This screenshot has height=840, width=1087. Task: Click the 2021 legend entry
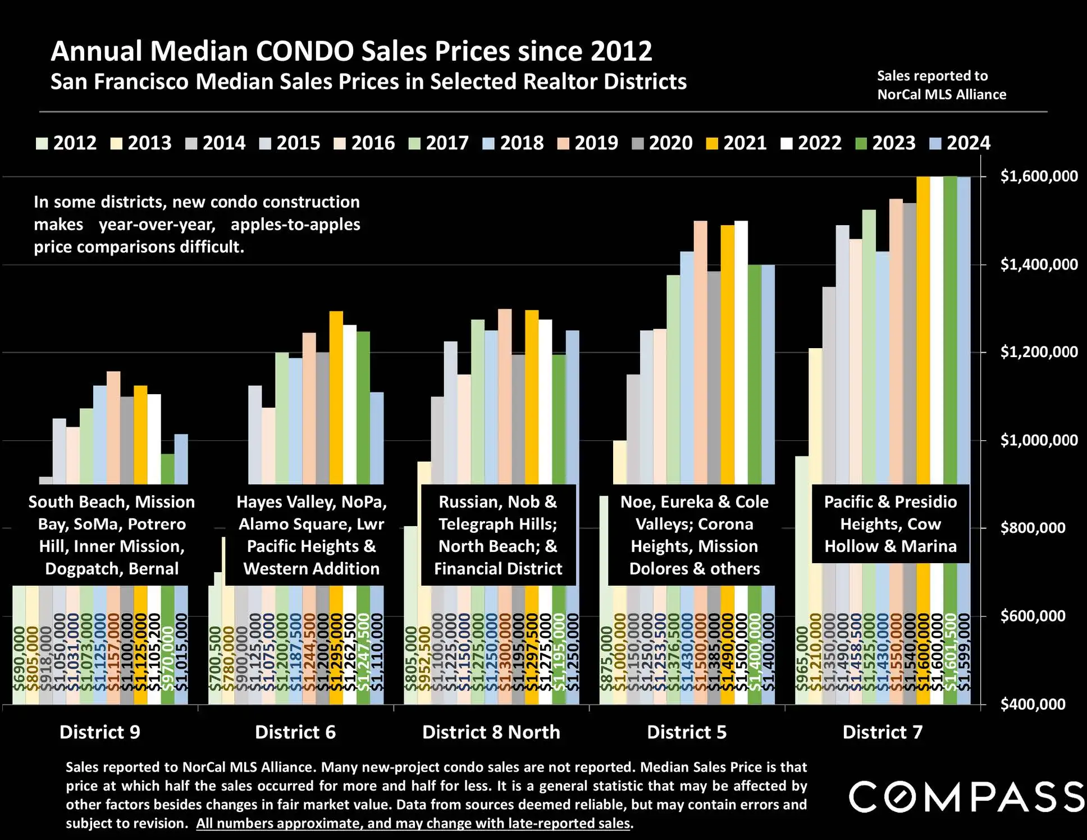(x=736, y=143)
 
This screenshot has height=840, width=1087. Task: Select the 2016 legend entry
(x=364, y=143)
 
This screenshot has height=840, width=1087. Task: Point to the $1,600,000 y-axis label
(x=1039, y=176)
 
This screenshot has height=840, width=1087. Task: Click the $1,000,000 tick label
(x=1039, y=440)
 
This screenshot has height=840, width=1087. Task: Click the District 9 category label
(x=100, y=732)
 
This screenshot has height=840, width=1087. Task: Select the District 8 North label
(x=491, y=732)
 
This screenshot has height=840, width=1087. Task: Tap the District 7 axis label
(x=882, y=732)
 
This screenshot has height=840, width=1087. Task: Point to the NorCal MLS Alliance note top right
(x=942, y=85)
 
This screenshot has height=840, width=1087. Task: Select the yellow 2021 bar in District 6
(x=336, y=393)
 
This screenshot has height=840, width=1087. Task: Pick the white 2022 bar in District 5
(x=741, y=348)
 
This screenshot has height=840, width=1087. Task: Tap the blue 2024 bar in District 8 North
(x=572, y=404)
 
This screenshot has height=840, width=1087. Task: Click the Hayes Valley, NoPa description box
(x=312, y=535)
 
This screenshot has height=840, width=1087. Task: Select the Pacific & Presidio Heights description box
(x=890, y=524)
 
